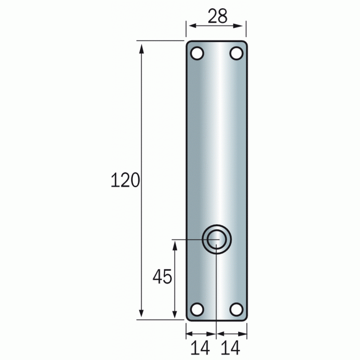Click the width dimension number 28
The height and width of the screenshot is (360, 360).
pos(217,17)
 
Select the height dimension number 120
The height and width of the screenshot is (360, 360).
pos(125,181)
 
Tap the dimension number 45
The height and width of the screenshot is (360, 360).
pos(162,277)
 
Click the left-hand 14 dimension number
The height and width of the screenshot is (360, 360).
pos(200,348)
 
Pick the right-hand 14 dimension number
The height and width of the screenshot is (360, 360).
pos(232,348)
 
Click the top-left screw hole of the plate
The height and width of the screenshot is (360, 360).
pos(197,54)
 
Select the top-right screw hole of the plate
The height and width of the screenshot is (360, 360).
pos(236,54)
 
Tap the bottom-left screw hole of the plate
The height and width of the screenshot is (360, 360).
pos(197,309)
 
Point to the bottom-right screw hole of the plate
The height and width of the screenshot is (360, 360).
pos(236,309)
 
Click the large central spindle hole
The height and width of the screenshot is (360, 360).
pos(215,239)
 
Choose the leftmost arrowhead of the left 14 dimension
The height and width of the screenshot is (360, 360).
pos(189,334)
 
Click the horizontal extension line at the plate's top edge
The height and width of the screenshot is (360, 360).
pos(161,40)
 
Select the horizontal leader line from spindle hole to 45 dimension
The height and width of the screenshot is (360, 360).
pos(188,239)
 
